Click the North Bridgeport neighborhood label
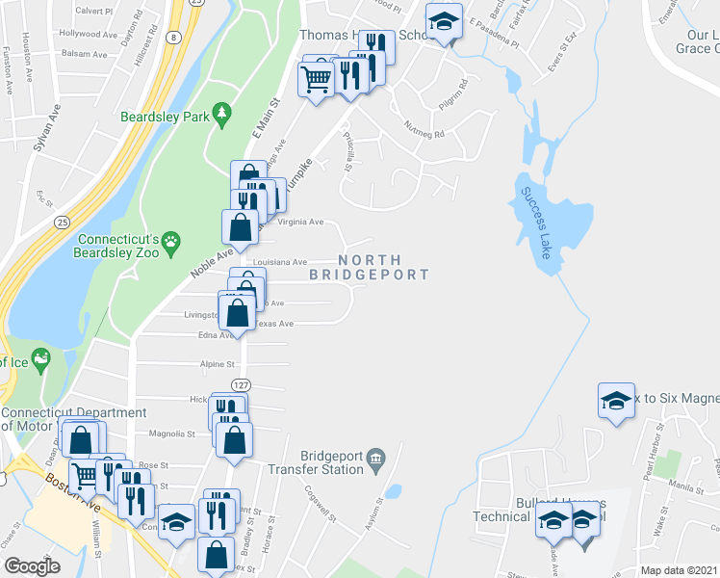pos(370,267)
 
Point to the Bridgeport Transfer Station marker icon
pos(377,457)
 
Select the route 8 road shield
pos(172,37)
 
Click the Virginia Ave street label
pos(300,222)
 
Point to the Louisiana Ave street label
pos(279,261)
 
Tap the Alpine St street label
pos(217,365)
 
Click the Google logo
pos(32,565)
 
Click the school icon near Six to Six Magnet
pos(616,401)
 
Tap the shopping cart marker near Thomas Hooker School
pos(317,81)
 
